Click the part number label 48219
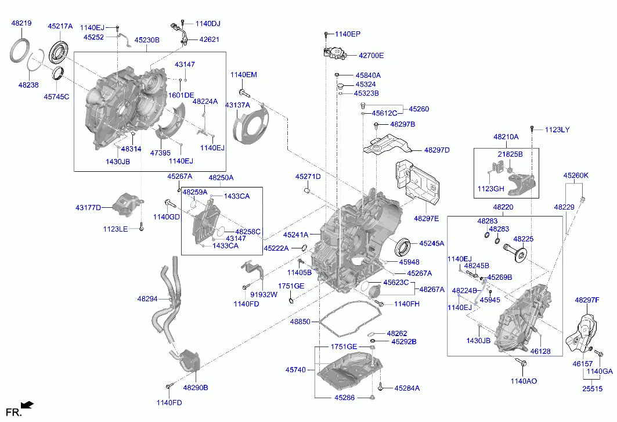point(21,24)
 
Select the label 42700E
point(371,56)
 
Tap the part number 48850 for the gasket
point(300,322)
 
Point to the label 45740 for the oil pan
point(295,369)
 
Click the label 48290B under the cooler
point(196,387)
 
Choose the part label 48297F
point(586,300)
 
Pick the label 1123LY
point(557,129)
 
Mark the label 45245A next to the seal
point(431,244)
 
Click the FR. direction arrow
point(26,405)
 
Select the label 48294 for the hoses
point(147,299)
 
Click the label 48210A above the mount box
point(506,137)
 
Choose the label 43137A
point(237,105)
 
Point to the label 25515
point(593,388)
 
